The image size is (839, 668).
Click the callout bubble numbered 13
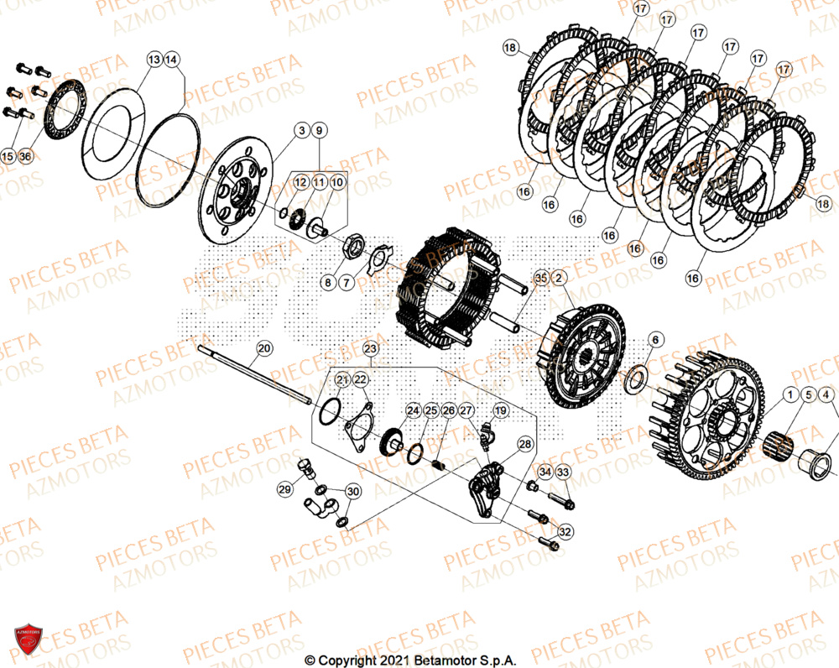pyautogui.click(x=154, y=60)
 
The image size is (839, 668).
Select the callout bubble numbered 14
pyautogui.click(x=171, y=60)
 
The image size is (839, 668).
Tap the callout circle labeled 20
pyautogui.click(x=263, y=348)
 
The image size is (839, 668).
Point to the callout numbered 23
pyautogui.click(x=370, y=347)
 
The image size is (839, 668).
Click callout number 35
pyautogui.click(x=540, y=277)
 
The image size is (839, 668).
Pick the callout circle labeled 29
pyautogui.click(x=285, y=489)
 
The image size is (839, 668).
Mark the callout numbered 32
pyautogui.click(x=565, y=531)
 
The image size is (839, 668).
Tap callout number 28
pyautogui.click(x=524, y=444)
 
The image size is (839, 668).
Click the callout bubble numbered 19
pyautogui.click(x=501, y=410)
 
